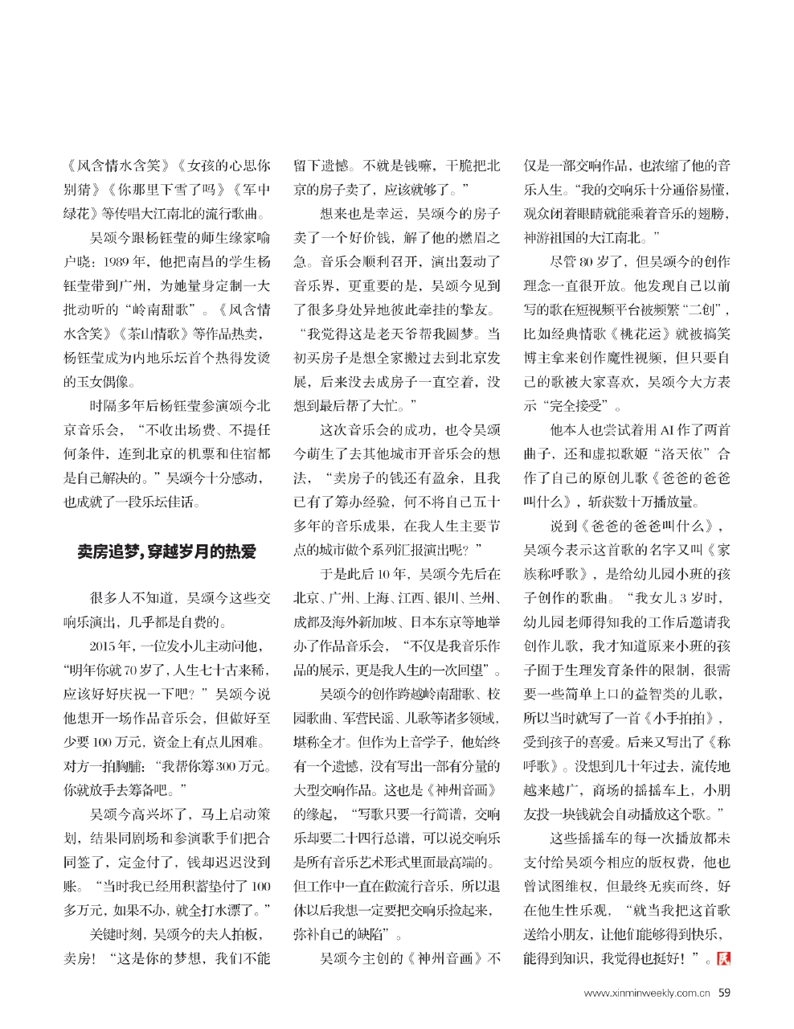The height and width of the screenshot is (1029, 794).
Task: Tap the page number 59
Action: pyautogui.click(x=724, y=993)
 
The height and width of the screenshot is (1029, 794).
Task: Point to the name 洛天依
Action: pyautogui.click(x=677, y=453)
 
